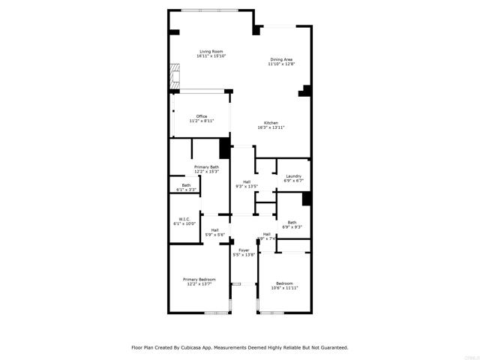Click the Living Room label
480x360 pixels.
click(211, 51)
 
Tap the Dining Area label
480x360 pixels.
click(281, 59)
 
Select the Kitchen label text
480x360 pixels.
click(271, 123)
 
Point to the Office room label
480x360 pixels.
click(201, 115)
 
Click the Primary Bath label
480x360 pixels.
click(206, 166)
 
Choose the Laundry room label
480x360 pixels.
click(293, 175)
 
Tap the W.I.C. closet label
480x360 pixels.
click(184, 219)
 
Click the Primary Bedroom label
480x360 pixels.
click(199, 280)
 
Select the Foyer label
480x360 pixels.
click(244, 250)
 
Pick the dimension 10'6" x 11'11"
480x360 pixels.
click(284, 288)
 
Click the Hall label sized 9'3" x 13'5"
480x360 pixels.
click(247, 187)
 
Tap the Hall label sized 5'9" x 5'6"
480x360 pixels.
click(215, 235)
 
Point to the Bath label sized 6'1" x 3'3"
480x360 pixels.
click(186, 190)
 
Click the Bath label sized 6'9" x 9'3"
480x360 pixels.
click(292, 226)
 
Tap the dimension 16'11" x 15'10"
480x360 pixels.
click(211, 56)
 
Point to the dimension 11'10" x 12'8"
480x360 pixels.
click(281, 64)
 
